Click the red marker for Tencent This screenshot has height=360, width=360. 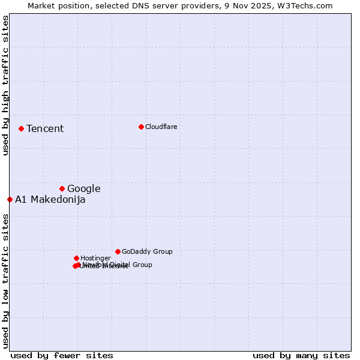21,128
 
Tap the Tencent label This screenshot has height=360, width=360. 45,128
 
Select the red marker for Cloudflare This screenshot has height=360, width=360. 141,127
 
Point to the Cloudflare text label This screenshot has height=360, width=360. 161,127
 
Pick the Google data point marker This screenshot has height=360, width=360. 62,188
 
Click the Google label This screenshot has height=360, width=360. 83,188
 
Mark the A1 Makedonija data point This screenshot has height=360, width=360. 10,199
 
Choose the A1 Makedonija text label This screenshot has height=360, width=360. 50,200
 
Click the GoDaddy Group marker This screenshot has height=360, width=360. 118,251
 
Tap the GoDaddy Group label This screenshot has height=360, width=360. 147,251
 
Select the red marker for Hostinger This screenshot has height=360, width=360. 76,258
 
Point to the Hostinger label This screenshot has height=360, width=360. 95,258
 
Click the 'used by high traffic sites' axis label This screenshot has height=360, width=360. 5,85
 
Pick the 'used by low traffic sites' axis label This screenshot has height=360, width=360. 5,281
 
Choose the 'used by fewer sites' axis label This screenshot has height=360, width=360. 62,355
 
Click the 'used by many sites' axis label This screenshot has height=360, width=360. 301,355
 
